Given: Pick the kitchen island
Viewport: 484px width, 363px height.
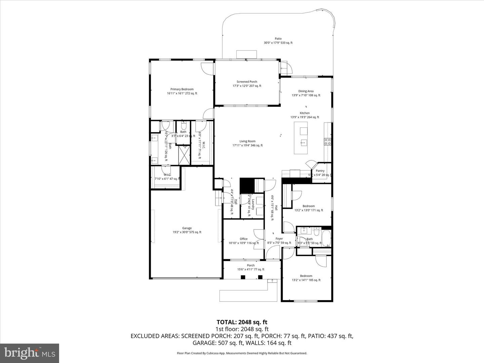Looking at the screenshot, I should (x=300, y=138).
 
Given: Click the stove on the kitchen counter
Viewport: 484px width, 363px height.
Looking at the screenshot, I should (x=327, y=142).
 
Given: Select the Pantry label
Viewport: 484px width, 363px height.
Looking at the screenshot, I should (x=320, y=171).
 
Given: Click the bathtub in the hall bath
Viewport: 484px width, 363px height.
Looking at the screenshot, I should (x=326, y=238).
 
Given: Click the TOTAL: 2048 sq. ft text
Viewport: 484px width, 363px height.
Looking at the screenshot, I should (x=242, y=322).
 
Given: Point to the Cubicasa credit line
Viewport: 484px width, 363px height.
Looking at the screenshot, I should (x=242, y=353).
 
